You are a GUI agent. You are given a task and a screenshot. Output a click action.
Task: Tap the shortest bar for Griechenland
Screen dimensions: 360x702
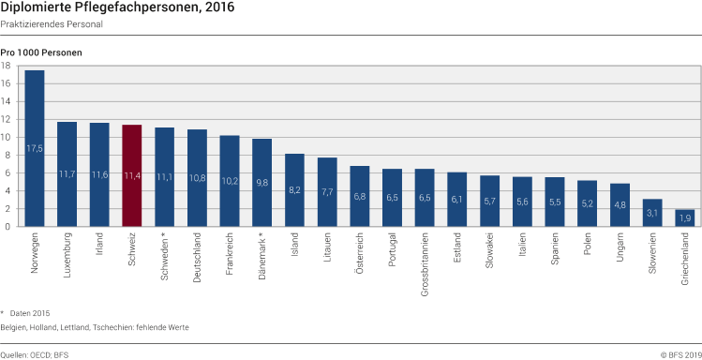684,217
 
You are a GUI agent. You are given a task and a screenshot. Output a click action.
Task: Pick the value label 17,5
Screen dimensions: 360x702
35,148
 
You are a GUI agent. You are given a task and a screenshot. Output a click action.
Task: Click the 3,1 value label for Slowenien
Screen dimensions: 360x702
651,213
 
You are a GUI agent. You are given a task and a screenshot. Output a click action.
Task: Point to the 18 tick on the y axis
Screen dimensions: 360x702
7,66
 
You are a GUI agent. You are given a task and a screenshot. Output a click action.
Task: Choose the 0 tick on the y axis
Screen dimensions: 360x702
8,226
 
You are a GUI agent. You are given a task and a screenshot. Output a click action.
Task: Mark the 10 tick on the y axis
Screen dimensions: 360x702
7,137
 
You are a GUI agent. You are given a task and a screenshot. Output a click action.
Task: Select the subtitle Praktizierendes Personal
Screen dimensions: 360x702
52,24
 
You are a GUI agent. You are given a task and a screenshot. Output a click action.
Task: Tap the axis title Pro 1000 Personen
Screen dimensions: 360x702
41,52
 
